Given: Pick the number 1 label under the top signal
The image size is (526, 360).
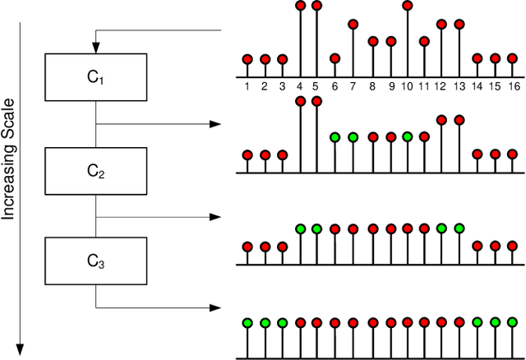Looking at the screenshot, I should click(x=247, y=85).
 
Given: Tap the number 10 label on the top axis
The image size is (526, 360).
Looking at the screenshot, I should click(x=407, y=85).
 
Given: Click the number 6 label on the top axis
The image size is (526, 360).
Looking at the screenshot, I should click(x=335, y=85).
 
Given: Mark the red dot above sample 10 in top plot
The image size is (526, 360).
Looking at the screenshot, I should click(x=407, y=6).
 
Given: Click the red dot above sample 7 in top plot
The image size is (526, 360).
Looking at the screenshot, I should click(x=353, y=25).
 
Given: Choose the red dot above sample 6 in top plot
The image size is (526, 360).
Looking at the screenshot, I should click(x=335, y=58).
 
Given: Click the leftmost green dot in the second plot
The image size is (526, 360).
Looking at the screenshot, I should click(x=335, y=136).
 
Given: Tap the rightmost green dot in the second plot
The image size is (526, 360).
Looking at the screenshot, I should click(x=407, y=136).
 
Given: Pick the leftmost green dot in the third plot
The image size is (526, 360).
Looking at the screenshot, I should click(x=300, y=228).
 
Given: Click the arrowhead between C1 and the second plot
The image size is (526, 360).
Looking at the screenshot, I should click(x=216, y=124).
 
